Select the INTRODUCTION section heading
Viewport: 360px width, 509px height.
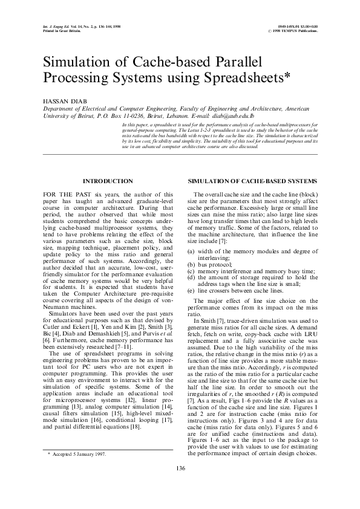coord(108,181)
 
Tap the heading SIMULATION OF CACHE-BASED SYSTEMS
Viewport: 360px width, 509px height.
coord(252,181)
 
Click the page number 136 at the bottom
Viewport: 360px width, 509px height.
coord(180,485)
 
